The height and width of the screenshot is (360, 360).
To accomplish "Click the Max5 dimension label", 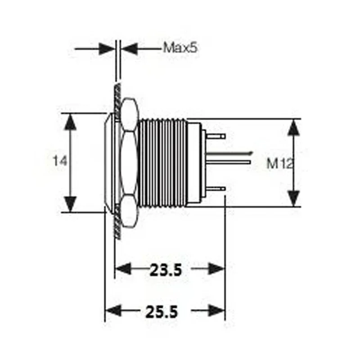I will coord(180,48).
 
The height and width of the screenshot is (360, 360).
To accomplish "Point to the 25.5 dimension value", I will coord(161,311).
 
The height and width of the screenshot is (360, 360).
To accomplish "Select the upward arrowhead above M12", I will coord(294,128).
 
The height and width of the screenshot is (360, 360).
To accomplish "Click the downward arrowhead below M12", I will coord(294,197).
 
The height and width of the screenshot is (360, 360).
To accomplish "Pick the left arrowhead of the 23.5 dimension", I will coord(124,269).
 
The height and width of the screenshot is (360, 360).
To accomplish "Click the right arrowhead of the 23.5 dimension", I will coord(216,269).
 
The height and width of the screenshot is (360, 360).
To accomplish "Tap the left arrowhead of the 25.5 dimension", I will coord(113,311).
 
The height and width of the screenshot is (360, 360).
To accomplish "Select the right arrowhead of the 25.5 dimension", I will coord(216,311).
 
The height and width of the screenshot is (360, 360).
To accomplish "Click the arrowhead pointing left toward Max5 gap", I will coord(130,48).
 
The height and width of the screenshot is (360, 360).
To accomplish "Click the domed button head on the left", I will coord(110,162).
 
